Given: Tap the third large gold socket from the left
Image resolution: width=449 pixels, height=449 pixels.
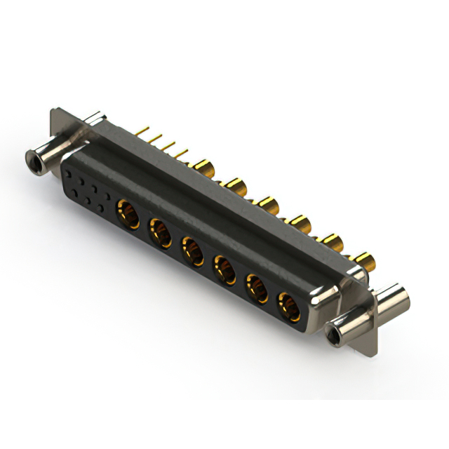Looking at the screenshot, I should [193, 250].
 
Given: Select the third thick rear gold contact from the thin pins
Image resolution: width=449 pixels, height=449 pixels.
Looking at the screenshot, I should [268, 204].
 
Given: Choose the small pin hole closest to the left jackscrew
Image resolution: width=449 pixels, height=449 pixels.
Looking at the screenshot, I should [69, 171].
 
